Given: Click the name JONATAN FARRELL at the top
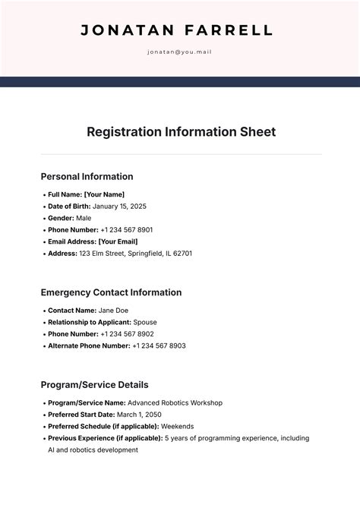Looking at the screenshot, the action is tap(176, 31).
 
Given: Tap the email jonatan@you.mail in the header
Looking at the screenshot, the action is tap(179, 52).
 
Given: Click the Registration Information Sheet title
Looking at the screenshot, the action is tap(181, 131).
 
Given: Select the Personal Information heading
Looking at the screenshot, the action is tap(87, 176).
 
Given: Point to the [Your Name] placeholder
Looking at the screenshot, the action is tap(104, 194).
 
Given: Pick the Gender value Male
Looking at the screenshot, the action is tap(84, 218).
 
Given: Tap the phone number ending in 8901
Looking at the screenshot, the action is tap(127, 229).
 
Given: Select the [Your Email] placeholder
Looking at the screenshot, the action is tap(118, 241).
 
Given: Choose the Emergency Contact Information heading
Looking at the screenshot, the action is tap(111, 292).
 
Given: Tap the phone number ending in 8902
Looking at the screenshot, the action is tap(127, 334).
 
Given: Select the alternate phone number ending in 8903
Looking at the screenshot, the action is tap(159, 346).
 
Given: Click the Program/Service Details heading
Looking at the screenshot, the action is tap(94, 385).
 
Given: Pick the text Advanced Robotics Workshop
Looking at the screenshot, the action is tap(175, 402).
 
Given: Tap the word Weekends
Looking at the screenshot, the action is tap(177, 426).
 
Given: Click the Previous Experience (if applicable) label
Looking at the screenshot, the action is tap(105, 438).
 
